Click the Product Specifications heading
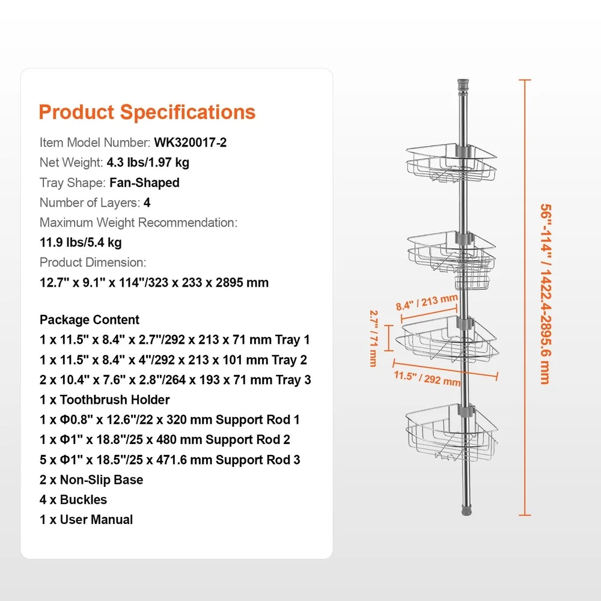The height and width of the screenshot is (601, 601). pos(147,112)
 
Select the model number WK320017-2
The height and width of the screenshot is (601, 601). pos(190,142)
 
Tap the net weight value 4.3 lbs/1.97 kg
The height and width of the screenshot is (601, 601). pos(148,162)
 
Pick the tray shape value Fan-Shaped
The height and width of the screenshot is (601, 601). pos(144,183)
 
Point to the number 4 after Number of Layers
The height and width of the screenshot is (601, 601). pos(147,203)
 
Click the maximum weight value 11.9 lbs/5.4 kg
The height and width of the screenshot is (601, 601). pos(81,243)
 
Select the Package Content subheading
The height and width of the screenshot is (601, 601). pos(90,320)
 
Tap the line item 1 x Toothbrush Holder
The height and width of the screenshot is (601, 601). pos(105,400)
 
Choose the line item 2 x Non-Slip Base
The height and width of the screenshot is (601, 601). pos(91,480)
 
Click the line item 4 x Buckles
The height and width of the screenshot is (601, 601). pos(73,499)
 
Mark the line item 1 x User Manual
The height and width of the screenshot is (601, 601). pos(86,519)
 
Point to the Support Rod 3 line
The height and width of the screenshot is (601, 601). pos(170,460)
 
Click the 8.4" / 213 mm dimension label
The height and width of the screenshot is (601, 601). pos(427,302)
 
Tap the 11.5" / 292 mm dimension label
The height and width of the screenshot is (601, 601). pos(427,378)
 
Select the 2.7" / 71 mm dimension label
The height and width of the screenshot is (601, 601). pos(374,338)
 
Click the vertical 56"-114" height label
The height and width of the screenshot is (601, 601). pos(545,294)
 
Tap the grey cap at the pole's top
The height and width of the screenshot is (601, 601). pos(463,84)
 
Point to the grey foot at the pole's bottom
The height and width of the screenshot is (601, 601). pos(466,511)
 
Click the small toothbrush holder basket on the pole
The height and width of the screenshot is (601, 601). pos(472,281)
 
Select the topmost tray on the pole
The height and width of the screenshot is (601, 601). pos(451,163)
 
